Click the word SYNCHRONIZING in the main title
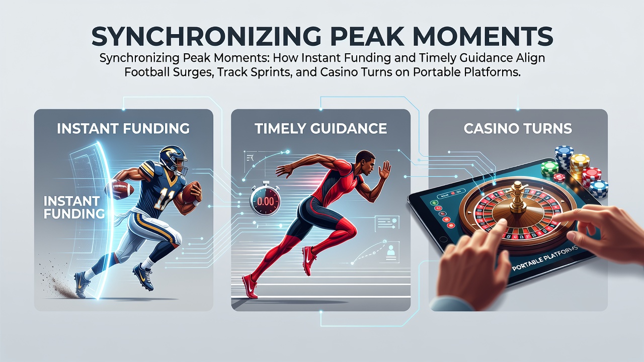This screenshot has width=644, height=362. [x=206, y=37]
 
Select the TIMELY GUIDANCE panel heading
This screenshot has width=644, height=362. [x=320, y=128]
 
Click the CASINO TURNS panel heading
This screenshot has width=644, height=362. [x=518, y=128]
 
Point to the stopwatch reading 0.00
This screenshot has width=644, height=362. [x=265, y=200]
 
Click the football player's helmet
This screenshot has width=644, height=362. [x=174, y=160]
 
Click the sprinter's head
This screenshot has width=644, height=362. [x=366, y=162]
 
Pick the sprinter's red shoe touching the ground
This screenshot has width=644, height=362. [x=250, y=287]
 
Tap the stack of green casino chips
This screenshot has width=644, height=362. [x=549, y=168]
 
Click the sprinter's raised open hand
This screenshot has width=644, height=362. [x=385, y=170]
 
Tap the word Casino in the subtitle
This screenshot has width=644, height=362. [x=342, y=72]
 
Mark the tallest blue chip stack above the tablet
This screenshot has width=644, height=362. [x=564, y=157]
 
